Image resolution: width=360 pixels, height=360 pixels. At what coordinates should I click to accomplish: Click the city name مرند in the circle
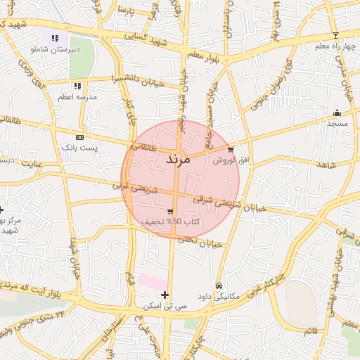[178, 160]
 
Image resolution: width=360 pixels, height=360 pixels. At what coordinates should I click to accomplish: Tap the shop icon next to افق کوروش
[231, 149]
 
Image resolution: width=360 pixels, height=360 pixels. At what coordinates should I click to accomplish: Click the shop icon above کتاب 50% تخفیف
[170, 211]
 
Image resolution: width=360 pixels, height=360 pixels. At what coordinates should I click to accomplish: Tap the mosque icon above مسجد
[337, 112]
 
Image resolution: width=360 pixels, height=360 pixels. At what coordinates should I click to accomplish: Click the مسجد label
[337, 123]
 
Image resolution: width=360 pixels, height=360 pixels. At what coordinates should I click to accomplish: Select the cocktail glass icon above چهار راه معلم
[335, 35]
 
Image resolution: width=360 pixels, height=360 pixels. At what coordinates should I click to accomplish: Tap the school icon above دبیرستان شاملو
[55, 39]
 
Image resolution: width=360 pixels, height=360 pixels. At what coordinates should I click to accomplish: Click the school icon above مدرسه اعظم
[77, 85]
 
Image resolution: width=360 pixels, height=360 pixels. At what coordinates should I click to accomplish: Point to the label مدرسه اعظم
[75, 96]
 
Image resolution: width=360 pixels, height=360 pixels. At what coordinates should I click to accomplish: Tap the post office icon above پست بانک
[79, 137]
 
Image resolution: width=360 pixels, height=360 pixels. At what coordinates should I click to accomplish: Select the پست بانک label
[79, 148]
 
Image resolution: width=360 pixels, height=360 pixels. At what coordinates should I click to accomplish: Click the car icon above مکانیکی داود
[219, 285]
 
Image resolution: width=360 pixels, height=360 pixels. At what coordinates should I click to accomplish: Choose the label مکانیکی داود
[219, 296]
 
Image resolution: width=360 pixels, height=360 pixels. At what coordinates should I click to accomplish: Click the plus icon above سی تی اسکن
[165, 295]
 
